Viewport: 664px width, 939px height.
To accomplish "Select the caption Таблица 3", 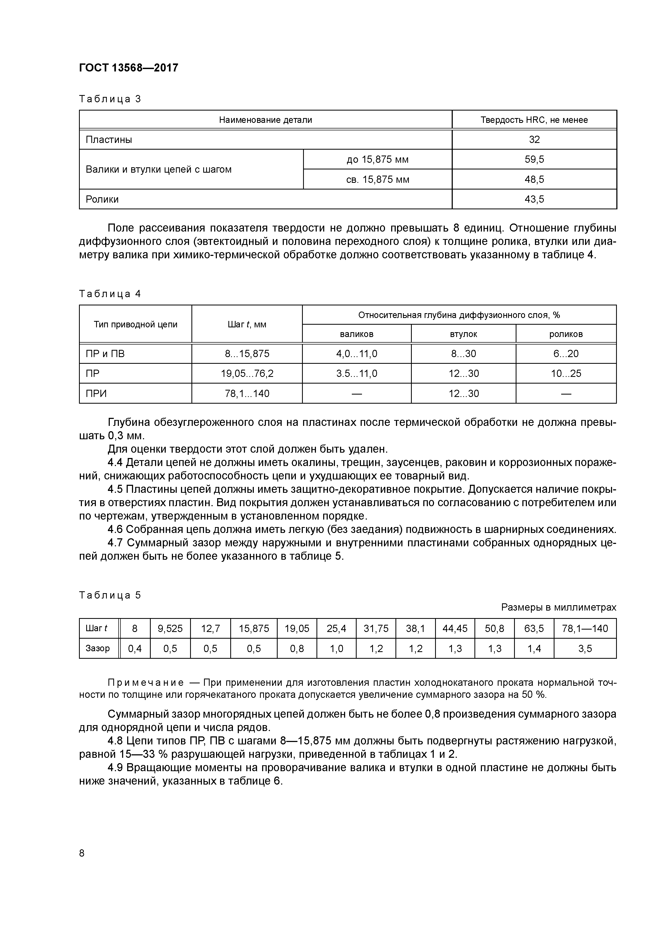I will pos(110,99).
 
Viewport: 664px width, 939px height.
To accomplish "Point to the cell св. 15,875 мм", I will pos(377,180).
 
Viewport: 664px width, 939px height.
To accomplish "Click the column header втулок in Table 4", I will pos(463,334).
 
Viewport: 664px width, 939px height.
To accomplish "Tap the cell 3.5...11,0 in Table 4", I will pos(356,374).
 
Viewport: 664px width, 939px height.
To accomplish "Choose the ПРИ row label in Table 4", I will pos(96,394).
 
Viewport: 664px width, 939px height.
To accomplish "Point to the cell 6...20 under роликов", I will pos(566,354).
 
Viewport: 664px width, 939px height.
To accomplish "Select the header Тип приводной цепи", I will pos(135,325).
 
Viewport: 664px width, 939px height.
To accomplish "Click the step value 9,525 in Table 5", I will pos(170,628).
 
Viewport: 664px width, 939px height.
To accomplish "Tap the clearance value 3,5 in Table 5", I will pos(585,649).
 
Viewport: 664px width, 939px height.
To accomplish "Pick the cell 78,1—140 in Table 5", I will pos(585,628).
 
